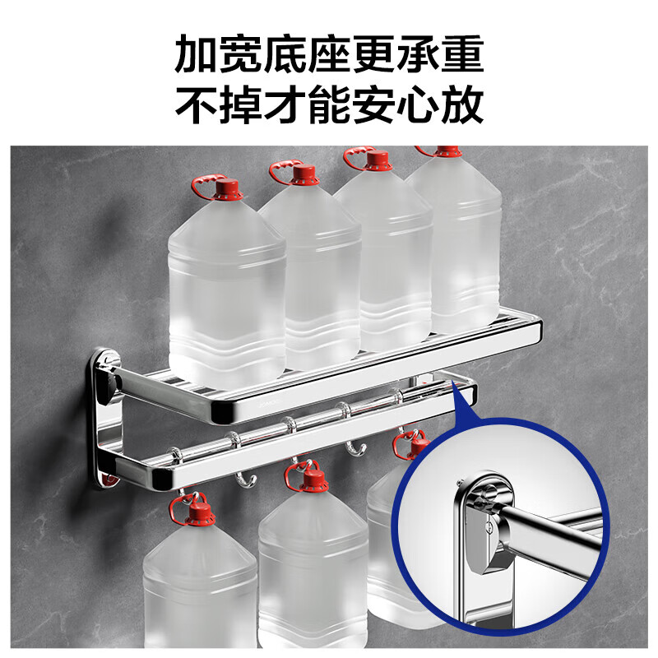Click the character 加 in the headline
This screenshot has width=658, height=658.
click(198, 55)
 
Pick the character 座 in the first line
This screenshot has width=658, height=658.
click(303, 55)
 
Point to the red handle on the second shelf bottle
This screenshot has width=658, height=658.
click(282, 170)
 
